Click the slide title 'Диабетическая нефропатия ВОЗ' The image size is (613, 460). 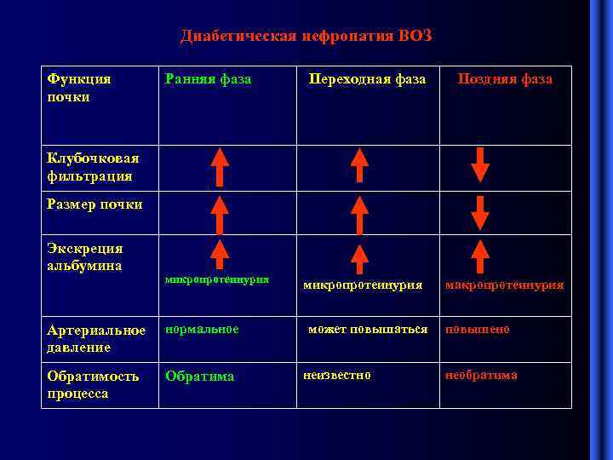pyautogui.click(x=306, y=36)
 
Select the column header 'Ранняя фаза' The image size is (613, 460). pyautogui.click(x=209, y=79)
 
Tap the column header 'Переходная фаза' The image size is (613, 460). pyautogui.click(x=367, y=79)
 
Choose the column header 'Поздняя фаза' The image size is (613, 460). pyautogui.click(x=505, y=79)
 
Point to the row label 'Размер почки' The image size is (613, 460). pyautogui.click(x=95, y=204)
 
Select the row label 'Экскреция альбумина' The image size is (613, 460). pyautogui.click(x=85, y=256)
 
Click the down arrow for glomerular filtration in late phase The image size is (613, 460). pyautogui.click(x=480, y=164)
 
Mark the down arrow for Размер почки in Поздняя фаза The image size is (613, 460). pyautogui.click(x=480, y=213)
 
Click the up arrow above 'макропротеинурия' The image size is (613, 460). pyautogui.click(x=480, y=256)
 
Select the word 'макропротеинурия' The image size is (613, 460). pyautogui.click(x=505, y=285)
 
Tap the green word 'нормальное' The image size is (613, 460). pyautogui.click(x=203, y=329)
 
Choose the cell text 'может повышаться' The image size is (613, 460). pyautogui.click(x=368, y=329)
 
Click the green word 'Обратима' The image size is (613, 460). pyautogui.click(x=200, y=376)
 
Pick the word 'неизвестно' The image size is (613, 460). pyautogui.click(x=337, y=375)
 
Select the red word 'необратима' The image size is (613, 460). pyautogui.click(x=481, y=375)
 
